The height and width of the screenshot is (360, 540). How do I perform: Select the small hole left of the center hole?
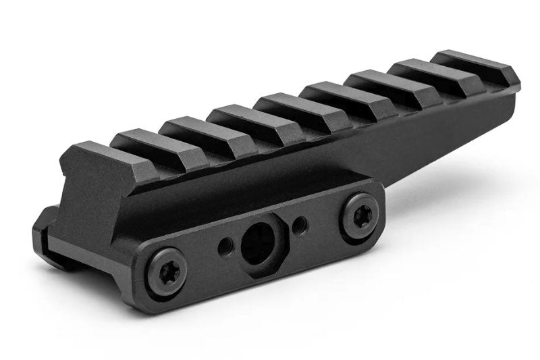225,249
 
